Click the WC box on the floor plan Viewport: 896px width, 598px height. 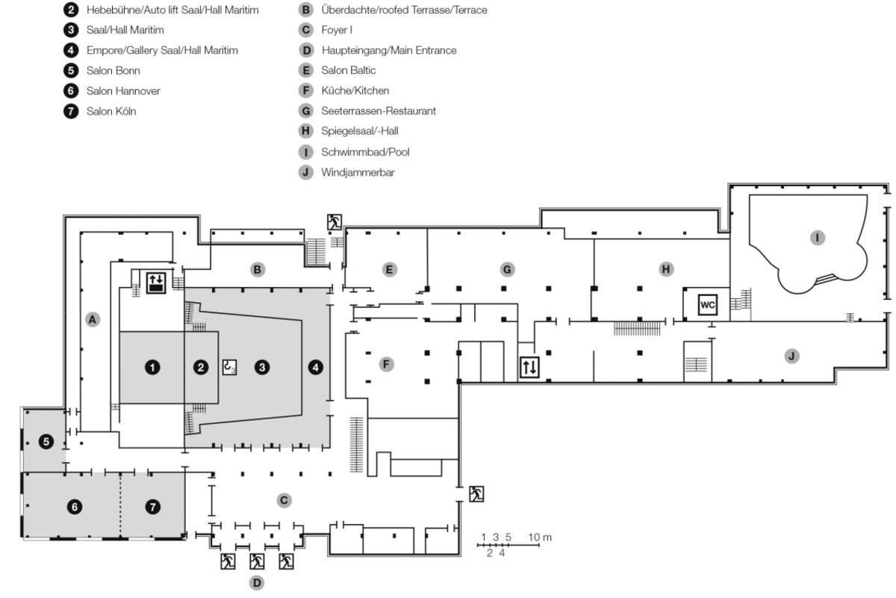pyautogui.click(x=707, y=305)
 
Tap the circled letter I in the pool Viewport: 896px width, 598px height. pyautogui.click(x=818, y=238)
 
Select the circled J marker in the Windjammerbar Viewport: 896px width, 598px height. pyautogui.click(x=791, y=356)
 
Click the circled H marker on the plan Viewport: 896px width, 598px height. pyautogui.click(x=666, y=269)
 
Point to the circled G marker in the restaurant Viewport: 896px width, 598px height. pyautogui.click(x=507, y=269)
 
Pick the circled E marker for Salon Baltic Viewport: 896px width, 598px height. pyautogui.click(x=389, y=269)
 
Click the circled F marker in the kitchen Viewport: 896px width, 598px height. pyautogui.click(x=386, y=364)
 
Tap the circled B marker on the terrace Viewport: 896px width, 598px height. pyautogui.click(x=258, y=269)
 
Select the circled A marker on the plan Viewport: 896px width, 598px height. pyautogui.click(x=93, y=320)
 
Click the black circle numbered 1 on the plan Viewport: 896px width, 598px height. pyautogui.click(x=152, y=367)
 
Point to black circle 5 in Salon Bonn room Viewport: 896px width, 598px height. pyautogui.click(x=46, y=442)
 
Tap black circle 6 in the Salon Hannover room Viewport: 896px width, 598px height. pyautogui.click(x=74, y=507)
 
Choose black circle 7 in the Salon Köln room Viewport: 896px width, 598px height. pyautogui.click(x=153, y=507)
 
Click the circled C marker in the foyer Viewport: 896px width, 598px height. pyautogui.click(x=284, y=500)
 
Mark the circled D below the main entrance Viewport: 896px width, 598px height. pyautogui.click(x=257, y=582)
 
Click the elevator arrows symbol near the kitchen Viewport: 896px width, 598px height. pyautogui.click(x=529, y=367)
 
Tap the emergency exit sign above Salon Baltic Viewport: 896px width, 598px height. pyautogui.click(x=334, y=221)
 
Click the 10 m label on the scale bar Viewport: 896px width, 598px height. pyautogui.click(x=540, y=537)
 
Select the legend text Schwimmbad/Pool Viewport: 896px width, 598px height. pyautogui.click(x=365, y=152)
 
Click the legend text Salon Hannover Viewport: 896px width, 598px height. pyautogui.click(x=123, y=91)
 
